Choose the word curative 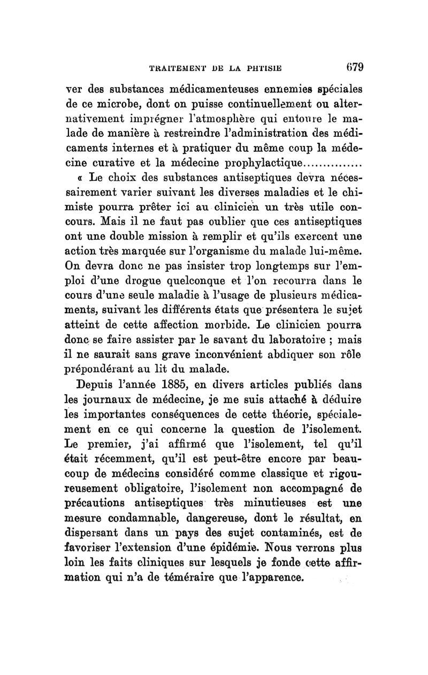[x=121, y=162]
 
